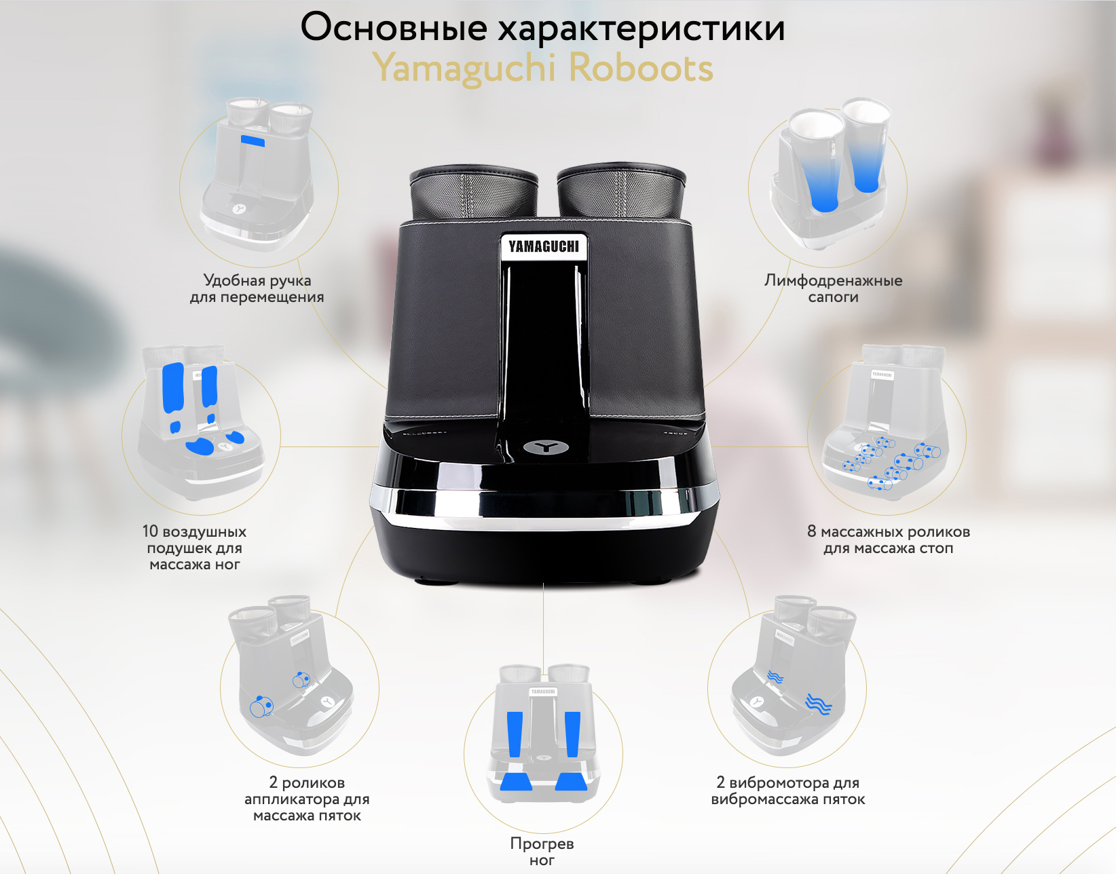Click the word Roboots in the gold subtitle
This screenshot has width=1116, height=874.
click(x=641, y=68)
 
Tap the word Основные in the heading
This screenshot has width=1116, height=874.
click(x=394, y=27)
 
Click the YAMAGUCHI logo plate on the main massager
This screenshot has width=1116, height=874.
click(x=544, y=247)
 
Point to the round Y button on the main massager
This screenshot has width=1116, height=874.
click(x=546, y=448)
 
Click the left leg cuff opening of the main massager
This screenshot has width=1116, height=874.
click(x=474, y=177)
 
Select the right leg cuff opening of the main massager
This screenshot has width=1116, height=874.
click(x=621, y=176)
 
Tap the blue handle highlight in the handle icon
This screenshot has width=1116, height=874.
click(x=253, y=140)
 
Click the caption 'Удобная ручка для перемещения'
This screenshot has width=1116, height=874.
click(x=257, y=288)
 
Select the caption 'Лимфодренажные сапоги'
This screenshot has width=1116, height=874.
click(x=833, y=288)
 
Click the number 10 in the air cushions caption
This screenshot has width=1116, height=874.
click(x=150, y=531)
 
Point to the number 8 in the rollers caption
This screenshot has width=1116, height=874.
click(x=811, y=531)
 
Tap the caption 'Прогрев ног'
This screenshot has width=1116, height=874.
click(x=542, y=852)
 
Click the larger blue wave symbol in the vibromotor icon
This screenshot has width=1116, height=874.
click(x=818, y=704)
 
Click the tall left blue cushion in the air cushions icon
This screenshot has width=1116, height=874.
click(x=173, y=387)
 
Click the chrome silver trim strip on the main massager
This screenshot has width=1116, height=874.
click(x=544, y=506)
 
